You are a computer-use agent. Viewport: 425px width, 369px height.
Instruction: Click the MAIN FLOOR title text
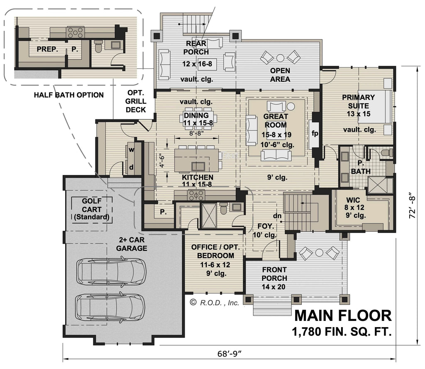point(342,316)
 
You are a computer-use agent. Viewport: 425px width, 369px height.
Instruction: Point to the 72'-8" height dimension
point(411,205)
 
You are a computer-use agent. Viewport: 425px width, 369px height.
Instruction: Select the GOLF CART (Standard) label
point(91,209)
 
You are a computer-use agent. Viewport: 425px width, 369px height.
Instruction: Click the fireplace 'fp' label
point(314,134)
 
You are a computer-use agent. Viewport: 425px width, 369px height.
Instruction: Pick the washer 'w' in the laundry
point(131,150)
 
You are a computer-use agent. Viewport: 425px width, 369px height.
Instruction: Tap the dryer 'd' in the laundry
point(131,167)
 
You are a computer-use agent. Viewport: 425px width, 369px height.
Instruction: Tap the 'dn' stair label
point(278,216)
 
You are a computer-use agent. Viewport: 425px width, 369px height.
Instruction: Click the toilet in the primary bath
point(385,153)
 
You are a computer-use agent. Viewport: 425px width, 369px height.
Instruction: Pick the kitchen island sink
point(198,166)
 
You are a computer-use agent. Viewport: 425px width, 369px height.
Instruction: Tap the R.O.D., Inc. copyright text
point(215,303)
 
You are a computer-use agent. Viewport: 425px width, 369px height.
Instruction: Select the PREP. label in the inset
point(47,49)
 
